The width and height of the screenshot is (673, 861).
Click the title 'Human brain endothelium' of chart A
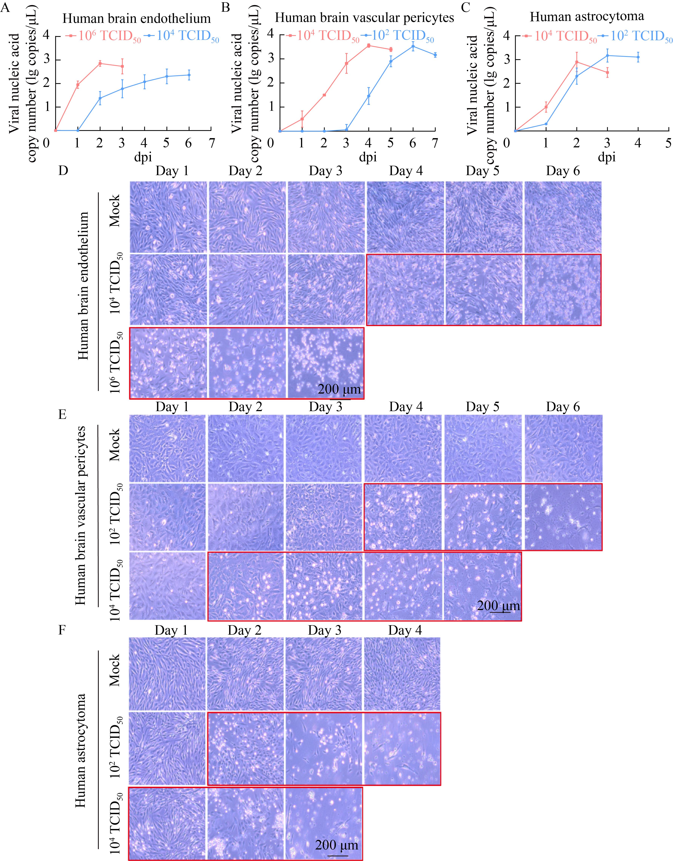tap(136, 19)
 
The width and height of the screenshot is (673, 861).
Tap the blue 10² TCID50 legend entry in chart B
tap(397, 36)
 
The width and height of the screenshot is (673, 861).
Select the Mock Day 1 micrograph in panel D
tap(168, 217)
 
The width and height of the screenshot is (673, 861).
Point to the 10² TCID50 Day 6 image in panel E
tap(563, 516)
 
